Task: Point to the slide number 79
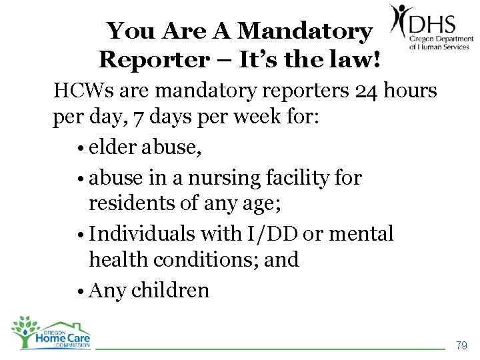(461, 345)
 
